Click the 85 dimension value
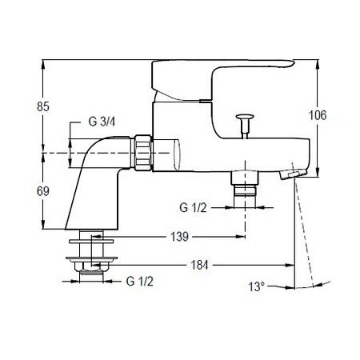43,106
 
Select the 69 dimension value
43,191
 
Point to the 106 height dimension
318,115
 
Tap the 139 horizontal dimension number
179,237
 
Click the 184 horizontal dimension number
199,265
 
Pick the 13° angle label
257,287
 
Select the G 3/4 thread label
102,122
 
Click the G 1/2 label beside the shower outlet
193,207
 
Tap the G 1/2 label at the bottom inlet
140,281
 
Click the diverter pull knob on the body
245,126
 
